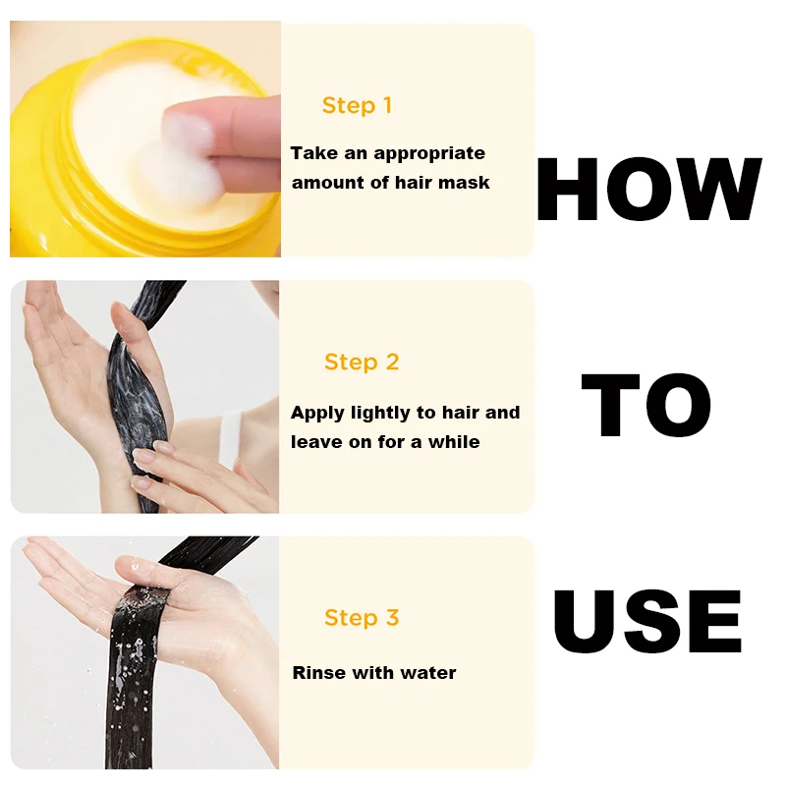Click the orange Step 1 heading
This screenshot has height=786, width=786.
pyautogui.click(x=357, y=106)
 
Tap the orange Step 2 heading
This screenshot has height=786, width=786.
pyautogui.click(x=362, y=363)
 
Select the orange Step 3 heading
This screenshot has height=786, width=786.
pyautogui.click(x=362, y=618)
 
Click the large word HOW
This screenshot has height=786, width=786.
pyautogui.click(x=649, y=189)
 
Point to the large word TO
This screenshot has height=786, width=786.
pyautogui.click(x=646, y=406)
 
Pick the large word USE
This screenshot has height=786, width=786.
pyautogui.click(x=647, y=622)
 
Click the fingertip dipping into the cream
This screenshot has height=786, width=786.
pyautogui.click(x=188, y=131)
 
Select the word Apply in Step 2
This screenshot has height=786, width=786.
pyautogui.click(x=317, y=414)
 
